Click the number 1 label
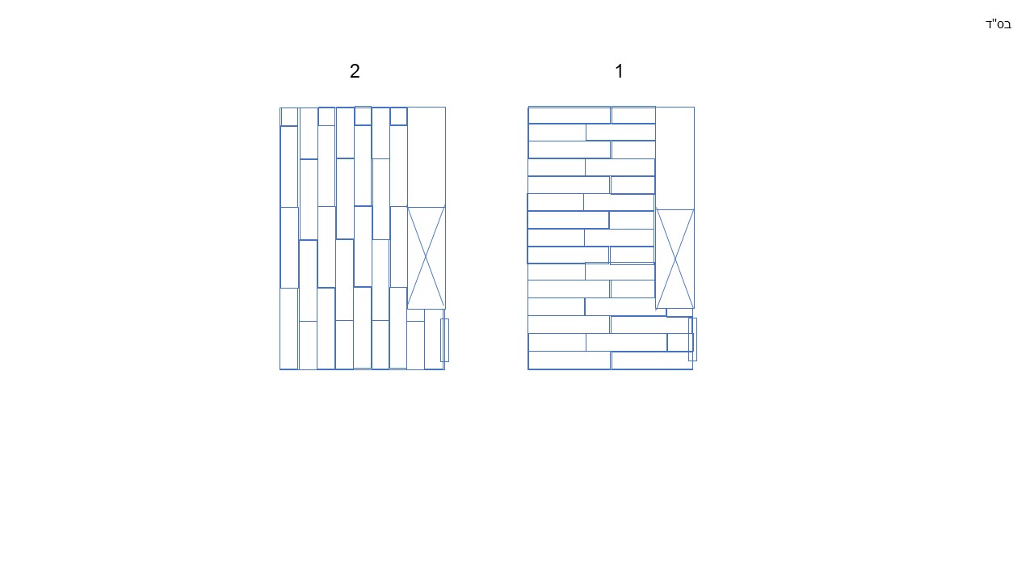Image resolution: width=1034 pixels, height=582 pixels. click(x=620, y=71)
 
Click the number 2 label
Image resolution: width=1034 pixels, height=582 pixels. click(x=355, y=71)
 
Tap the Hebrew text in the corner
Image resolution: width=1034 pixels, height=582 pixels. click(x=998, y=24)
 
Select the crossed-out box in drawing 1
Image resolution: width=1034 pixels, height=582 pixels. click(x=675, y=259)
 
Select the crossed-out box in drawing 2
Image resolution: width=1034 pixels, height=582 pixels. click(x=426, y=258)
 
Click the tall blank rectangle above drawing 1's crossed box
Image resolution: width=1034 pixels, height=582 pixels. click(x=675, y=158)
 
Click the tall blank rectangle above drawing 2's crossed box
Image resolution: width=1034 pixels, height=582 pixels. click(x=426, y=157)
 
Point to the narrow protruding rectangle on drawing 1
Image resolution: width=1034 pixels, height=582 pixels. click(x=692, y=339)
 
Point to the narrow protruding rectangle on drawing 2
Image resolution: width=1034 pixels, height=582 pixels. click(x=444, y=340)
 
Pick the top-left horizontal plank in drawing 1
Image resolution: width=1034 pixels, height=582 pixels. click(x=570, y=115)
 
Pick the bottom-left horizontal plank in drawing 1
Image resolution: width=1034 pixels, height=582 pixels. click(x=570, y=361)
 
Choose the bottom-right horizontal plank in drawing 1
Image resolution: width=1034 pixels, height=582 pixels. click(x=652, y=361)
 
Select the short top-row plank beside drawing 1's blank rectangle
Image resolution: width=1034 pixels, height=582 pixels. click(x=633, y=115)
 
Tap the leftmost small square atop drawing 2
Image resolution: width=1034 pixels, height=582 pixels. click(x=289, y=117)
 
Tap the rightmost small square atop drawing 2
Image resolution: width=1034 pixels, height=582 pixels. click(x=398, y=116)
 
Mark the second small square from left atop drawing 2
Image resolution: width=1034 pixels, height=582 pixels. click(x=326, y=116)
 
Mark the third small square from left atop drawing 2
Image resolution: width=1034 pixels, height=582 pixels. click(x=363, y=116)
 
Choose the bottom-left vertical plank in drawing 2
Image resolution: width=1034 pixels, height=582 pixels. click(x=289, y=329)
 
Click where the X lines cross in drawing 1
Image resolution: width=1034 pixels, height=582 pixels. click(x=675, y=259)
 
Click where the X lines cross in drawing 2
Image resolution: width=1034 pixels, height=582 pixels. click(x=426, y=258)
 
